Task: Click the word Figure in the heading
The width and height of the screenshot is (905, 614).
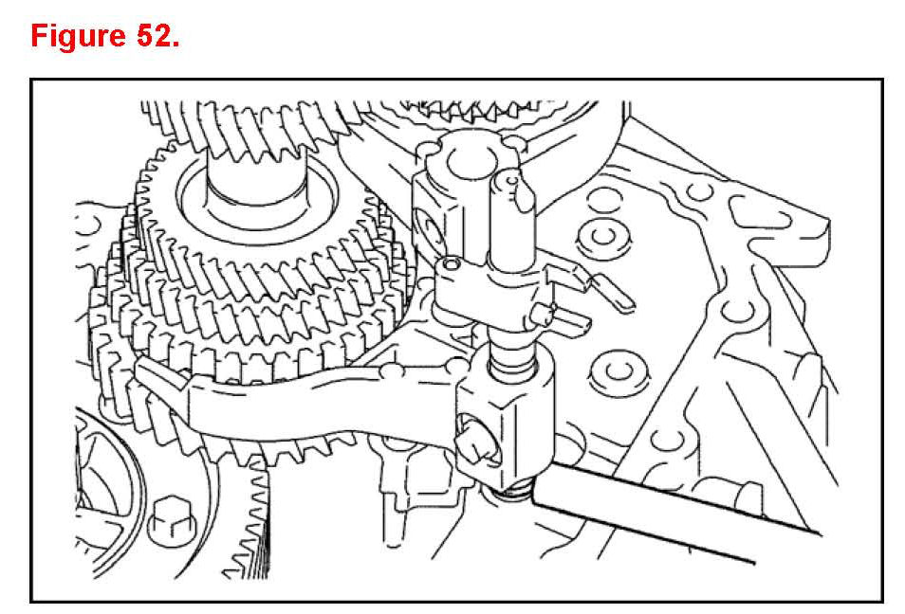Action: coord(78,36)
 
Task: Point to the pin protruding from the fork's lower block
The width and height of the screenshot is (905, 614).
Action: coord(476,441)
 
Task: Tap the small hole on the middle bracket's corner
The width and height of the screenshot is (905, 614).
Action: coord(450,264)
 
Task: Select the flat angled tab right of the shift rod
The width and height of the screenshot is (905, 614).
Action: coord(611,293)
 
